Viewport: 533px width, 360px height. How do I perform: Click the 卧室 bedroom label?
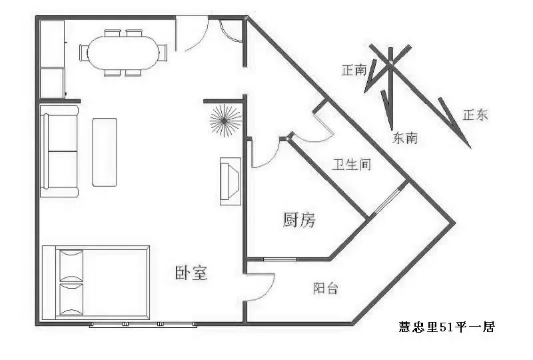pyautogui.click(x=191, y=273)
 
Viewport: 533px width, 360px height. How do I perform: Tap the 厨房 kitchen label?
pyautogui.click(x=299, y=219)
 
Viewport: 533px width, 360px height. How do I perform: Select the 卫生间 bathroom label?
pyautogui.click(x=352, y=165)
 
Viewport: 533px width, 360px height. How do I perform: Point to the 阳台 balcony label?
pyautogui.click(x=326, y=288)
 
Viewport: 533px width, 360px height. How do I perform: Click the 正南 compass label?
pyautogui.click(x=354, y=71)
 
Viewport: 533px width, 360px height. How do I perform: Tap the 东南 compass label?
pyautogui.click(x=405, y=138)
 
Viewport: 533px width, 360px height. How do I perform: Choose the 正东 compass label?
pyautogui.click(x=475, y=115)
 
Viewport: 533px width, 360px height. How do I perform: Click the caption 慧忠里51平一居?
pyautogui.click(x=447, y=327)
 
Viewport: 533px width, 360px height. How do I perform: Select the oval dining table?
pyautogui.click(x=123, y=53)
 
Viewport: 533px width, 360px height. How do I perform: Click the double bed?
pyautogui.click(x=96, y=283)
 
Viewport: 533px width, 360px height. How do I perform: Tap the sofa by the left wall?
pyautogui.click(x=59, y=151)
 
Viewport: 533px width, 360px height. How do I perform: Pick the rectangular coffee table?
pyautogui.click(x=105, y=152)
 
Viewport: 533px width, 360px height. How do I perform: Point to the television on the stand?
pyautogui.click(x=230, y=181)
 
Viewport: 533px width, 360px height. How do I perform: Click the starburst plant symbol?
pyautogui.click(x=224, y=121)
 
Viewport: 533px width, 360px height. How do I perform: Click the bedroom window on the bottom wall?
pyautogui.click(x=143, y=325)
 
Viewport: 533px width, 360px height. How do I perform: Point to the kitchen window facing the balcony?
pyautogui.click(x=280, y=259)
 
